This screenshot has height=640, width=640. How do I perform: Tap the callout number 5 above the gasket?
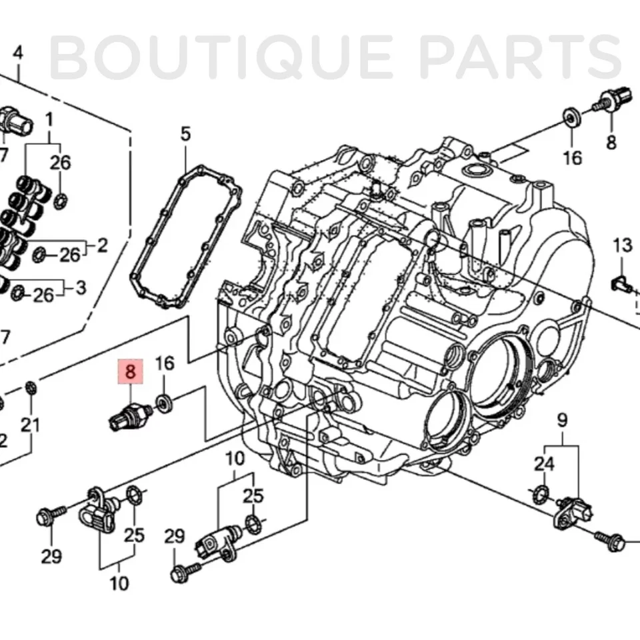185,134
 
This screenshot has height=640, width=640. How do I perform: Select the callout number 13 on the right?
623,246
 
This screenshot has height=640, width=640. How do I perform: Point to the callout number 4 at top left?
18,53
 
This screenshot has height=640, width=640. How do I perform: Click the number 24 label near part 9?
544,464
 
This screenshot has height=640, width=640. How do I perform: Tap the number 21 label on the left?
31,425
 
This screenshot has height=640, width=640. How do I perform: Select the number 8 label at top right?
611,141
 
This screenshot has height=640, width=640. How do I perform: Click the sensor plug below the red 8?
129,415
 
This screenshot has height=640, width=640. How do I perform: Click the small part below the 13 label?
621,285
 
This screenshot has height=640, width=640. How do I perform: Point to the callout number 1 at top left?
49,121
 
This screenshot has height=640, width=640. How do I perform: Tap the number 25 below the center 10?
253,496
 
